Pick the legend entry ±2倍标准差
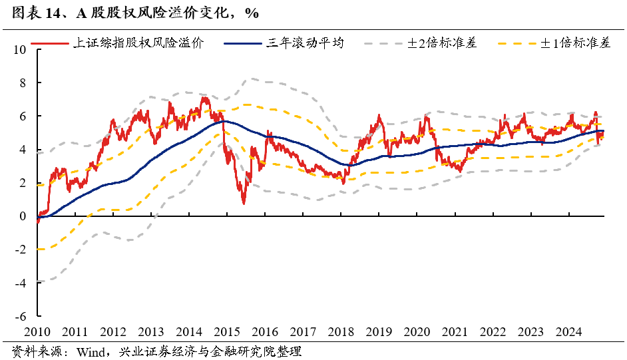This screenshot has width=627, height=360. pos(442,43)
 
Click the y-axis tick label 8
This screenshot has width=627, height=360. pos(22,83)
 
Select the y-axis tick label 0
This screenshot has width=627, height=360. pos(22,216)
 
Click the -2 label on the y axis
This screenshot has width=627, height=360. pos(20,250)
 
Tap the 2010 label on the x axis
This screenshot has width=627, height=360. pos(37,331)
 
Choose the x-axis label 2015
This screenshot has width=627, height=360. pos(227,331)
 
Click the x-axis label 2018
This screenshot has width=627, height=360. pos(341,331)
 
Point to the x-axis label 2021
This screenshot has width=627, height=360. pos(455,331)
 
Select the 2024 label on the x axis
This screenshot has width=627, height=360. pos(569,331)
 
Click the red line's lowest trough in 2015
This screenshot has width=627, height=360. pos(244,202)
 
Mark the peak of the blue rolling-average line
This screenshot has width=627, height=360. pos(223,121)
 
